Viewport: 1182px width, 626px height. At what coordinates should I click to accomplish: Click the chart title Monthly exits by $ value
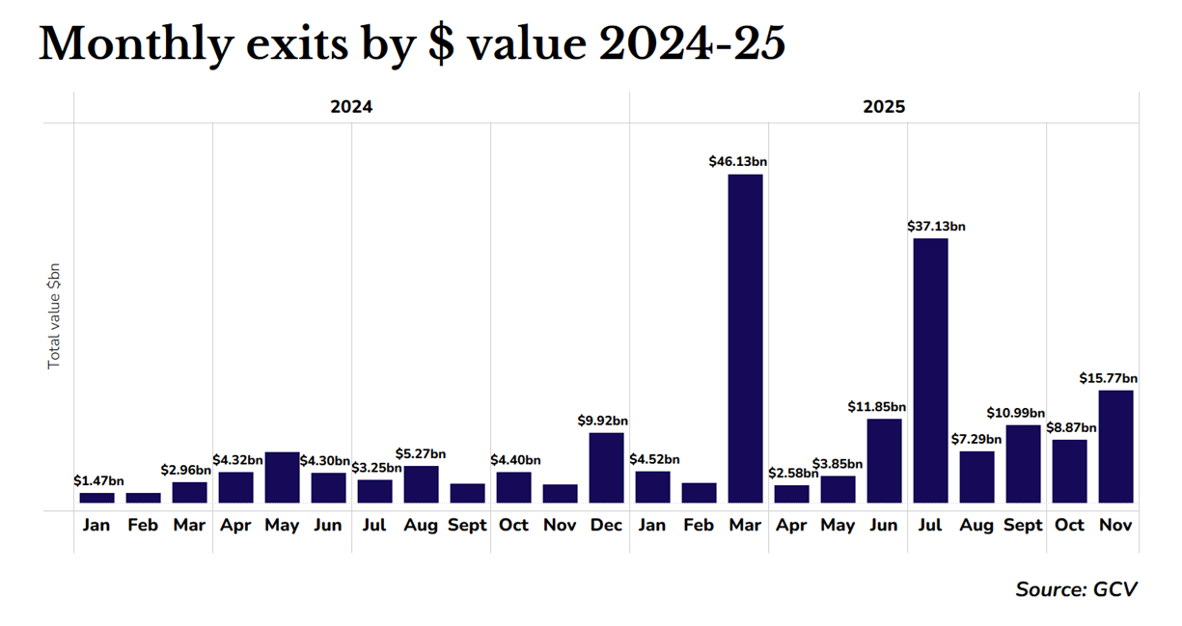click(412, 44)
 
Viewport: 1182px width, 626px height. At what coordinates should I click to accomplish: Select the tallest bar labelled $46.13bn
click(745, 338)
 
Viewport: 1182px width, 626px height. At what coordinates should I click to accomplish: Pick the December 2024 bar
click(606, 467)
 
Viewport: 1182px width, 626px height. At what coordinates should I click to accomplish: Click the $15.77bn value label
click(1108, 378)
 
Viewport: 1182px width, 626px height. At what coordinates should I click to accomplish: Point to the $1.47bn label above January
click(98, 480)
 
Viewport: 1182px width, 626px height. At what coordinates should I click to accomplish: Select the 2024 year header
click(351, 107)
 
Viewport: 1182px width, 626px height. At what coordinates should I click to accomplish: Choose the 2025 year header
click(884, 107)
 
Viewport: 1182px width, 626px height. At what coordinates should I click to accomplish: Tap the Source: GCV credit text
click(1076, 588)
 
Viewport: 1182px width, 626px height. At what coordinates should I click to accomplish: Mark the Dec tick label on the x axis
click(606, 526)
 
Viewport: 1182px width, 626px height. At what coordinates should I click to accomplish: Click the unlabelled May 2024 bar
click(282, 476)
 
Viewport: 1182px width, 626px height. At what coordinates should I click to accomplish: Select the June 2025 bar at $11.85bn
click(884, 460)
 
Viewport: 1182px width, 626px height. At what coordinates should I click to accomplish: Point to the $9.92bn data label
click(603, 421)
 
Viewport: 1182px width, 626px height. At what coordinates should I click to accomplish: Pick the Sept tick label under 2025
click(1023, 526)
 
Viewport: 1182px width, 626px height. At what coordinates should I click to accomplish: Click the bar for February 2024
click(143, 498)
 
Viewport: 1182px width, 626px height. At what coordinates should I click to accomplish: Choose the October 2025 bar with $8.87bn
click(1069, 471)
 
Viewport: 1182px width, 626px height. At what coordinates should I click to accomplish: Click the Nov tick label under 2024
click(560, 526)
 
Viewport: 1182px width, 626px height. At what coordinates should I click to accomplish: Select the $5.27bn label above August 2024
click(421, 453)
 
